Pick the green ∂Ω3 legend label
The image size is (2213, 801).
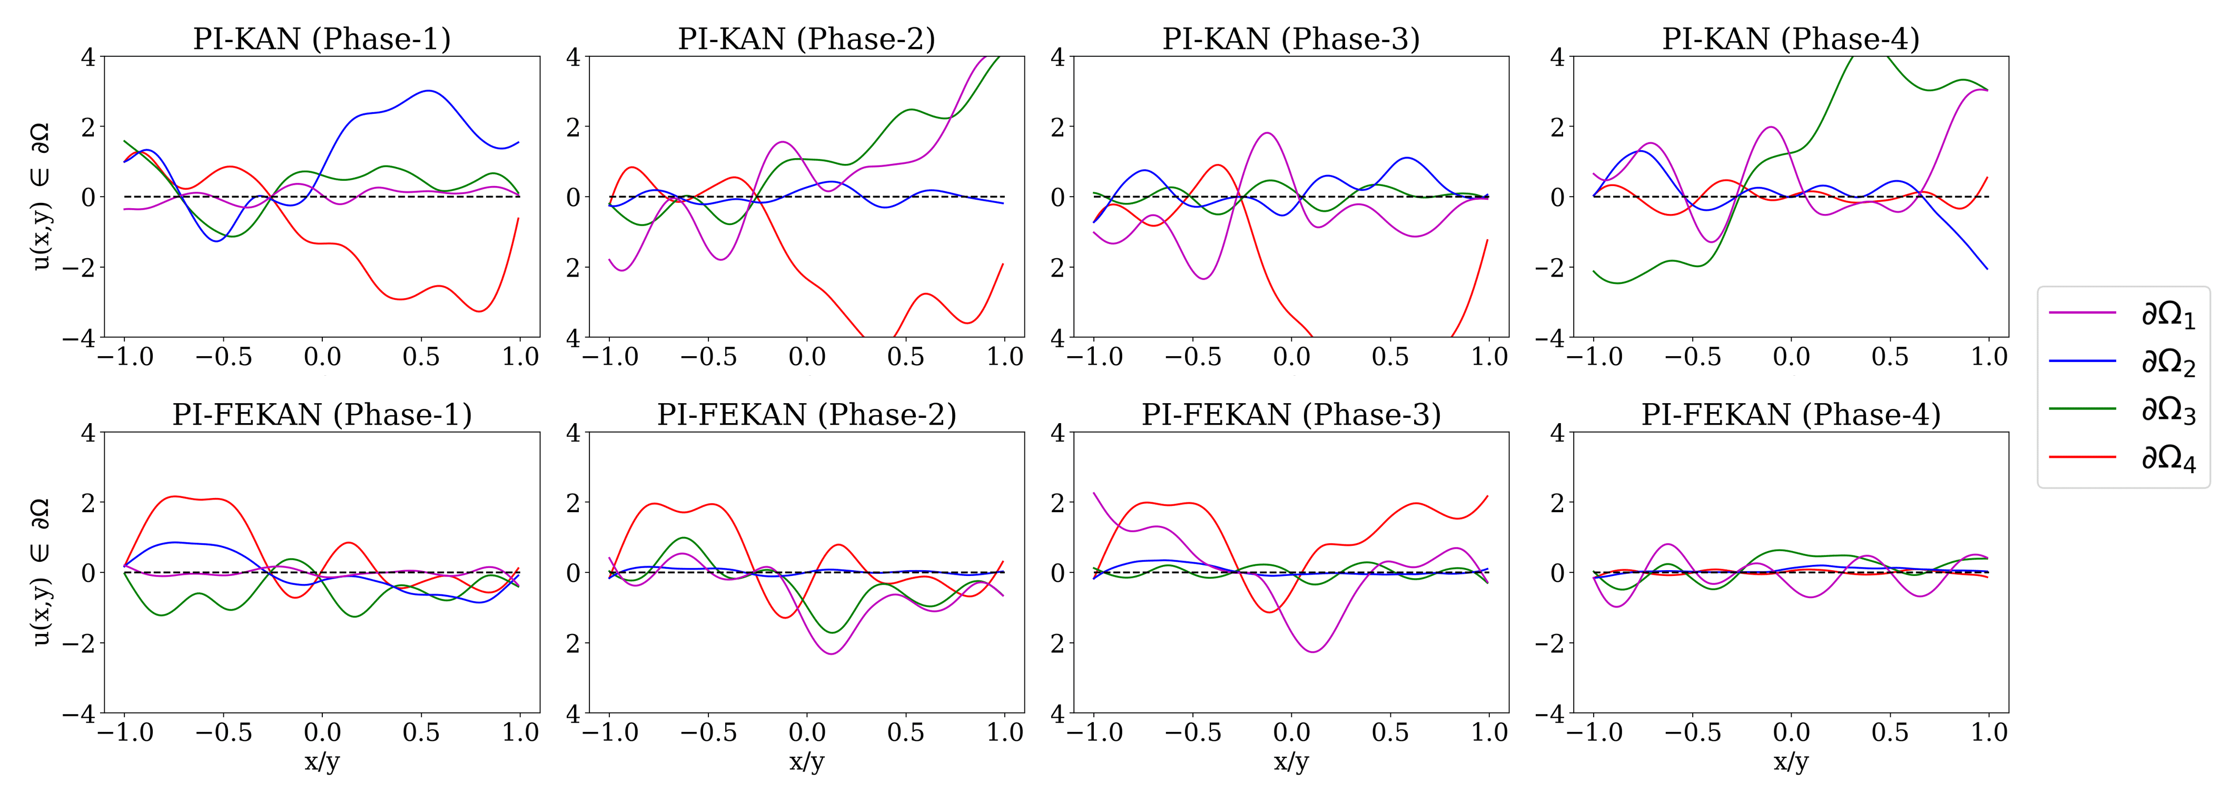tap(2168, 411)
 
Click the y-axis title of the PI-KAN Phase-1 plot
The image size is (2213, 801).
tap(41, 197)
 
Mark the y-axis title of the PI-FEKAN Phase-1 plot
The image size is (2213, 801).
tap(41, 572)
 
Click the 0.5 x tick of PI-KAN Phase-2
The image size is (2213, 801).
tap(905, 357)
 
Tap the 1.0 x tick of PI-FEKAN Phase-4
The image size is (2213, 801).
tap(1988, 732)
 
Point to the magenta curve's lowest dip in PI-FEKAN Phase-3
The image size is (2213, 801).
tap(1312, 651)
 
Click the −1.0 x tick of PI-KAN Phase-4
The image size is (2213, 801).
tap(1594, 357)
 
